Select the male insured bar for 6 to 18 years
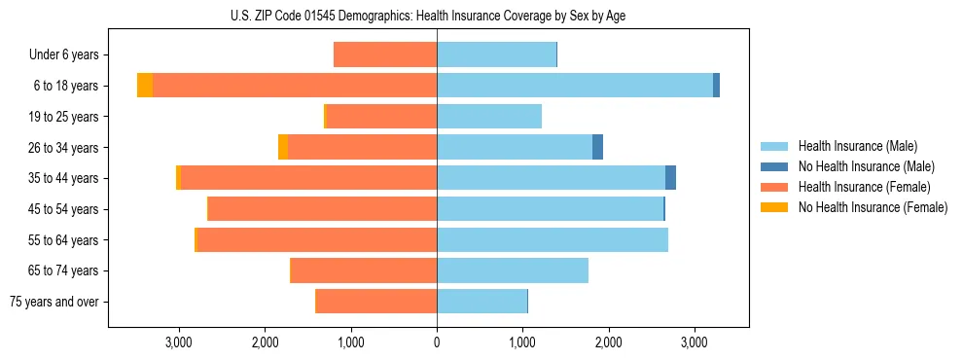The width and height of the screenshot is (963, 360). pyautogui.click(x=574, y=86)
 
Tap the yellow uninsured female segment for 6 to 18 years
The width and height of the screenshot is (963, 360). pyautogui.click(x=145, y=86)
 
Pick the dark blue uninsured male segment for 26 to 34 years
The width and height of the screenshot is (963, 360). pyautogui.click(x=597, y=147)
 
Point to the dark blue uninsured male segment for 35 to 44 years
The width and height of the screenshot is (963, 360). pyautogui.click(x=670, y=178)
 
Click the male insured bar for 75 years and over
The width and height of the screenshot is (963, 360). pyautogui.click(x=481, y=302)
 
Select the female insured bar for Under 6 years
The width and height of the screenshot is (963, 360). pyautogui.click(x=385, y=54)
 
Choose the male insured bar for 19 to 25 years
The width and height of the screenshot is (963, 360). pyautogui.click(x=489, y=117)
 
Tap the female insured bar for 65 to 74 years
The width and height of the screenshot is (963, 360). pyautogui.click(x=364, y=270)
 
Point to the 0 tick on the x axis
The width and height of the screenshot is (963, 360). pyautogui.click(x=437, y=342)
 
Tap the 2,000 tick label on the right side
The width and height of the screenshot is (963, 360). pyautogui.click(x=608, y=342)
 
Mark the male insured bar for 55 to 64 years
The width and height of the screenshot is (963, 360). pyautogui.click(x=553, y=239)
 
